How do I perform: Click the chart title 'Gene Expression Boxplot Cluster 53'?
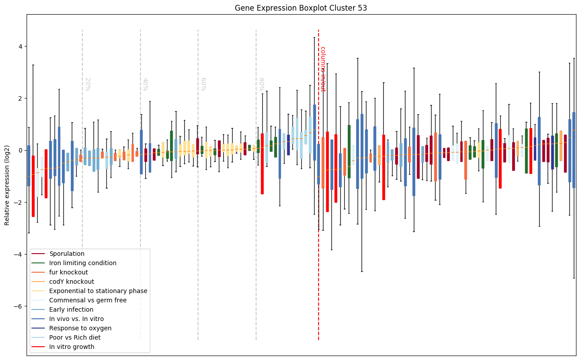pyautogui.click(x=300, y=8)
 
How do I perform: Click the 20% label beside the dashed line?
pyautogui.click(x=88, y=84)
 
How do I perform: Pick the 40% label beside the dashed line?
pyautogui.click(x=145, y=84)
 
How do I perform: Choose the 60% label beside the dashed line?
pyautogui.click(x=203, y=84)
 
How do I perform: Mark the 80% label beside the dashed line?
pyautogui.click(x=261, y=84)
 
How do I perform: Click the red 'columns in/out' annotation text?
pyautogui.click(x=323, y=69)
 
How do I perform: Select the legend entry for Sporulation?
pyautogui.click(x=67, y=254)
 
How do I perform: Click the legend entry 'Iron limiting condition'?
pyautogui.click(x=83, y=263)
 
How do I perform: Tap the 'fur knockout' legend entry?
pyautogui.click(x=69, y=273)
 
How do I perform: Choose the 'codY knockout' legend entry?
pyautogui.click(x=72, y=282)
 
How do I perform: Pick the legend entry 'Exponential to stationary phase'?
pyautogui.click(x=98, y=291)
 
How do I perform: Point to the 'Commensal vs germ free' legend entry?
pyautogui.click(x=88, y=301)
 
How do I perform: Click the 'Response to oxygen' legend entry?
pyautogui.click(x=80, y=329)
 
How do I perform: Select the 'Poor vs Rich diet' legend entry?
pyautogui.click(x=75, y=338)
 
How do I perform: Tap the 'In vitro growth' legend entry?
pyautogui.click(x=72, y=347)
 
